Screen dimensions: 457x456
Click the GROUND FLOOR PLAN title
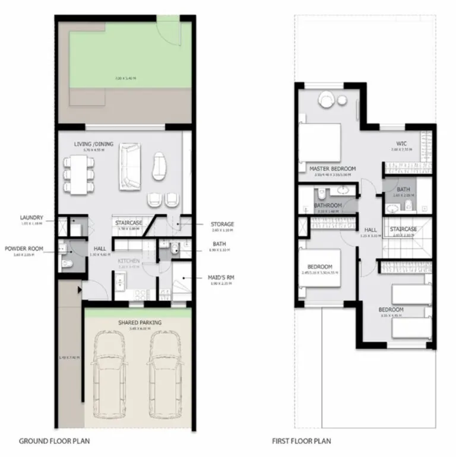[49, 441]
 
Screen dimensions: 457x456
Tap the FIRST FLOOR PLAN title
[302, 441]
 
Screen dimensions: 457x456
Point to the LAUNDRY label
[31, 218]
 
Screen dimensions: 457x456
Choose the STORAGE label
[222, 224]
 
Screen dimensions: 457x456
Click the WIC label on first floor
[401, 144]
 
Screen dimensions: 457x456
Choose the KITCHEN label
[128, 261]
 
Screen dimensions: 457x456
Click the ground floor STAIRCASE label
[128, 223]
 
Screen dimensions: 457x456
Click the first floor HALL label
[370, 230]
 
